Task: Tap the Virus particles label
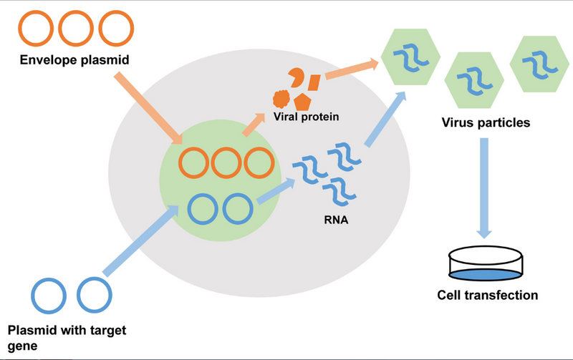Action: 486,122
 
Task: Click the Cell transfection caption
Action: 488,293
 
